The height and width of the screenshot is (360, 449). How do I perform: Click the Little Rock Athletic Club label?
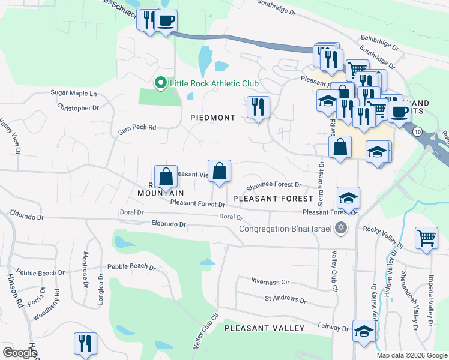pyautogui.click(x=214, y=83)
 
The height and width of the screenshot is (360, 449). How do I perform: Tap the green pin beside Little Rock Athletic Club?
pyautogui.click(x=160, y=83)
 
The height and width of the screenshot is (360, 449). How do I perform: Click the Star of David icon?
pyautogui.click(x=341, y=227)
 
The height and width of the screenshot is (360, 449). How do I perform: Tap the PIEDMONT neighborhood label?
pyautogui.click(x=212, y=118)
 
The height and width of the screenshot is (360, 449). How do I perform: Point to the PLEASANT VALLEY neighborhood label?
pyautogui.click(x=264, y=328)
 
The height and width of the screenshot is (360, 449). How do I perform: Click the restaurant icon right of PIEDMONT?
pyautogui.click(x=258, y=108)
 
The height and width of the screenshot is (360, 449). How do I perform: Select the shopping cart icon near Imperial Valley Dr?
pyautogui.click(x=426, y=238)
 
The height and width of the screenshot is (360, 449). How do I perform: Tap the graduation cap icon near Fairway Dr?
pyautogui.click(x=363, y=331)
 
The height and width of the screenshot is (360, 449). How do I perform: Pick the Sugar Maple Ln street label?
pyautogui.click(x=74, y=94)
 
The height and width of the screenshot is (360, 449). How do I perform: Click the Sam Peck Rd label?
pyautogui.click(x=137, y=127)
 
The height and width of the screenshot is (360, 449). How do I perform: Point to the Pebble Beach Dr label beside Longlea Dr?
pyautogui.click(x=131, y=267)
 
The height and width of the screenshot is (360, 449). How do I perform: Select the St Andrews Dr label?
pyautogui.click(x=286, y=299)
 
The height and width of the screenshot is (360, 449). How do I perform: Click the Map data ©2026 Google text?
pyautogui.click(x=412, y=355)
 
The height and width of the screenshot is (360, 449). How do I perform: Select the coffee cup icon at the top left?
pyautogui.click(x=166, y=21)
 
